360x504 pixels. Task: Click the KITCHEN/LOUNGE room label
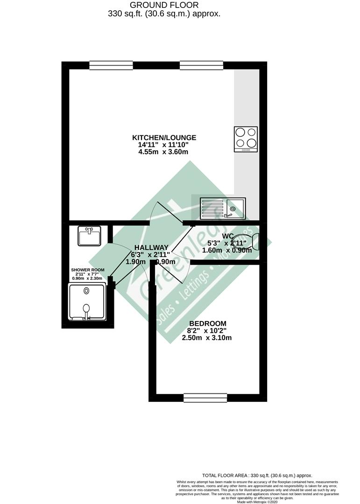pos(164,138)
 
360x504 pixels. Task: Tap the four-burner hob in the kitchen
pos(246,139)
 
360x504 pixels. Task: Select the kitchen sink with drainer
pos(223,208)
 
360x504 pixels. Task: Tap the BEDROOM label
pos(207,323)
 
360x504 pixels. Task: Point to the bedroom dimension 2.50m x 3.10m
pos(207,338)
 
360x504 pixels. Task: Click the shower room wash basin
pos(89,236)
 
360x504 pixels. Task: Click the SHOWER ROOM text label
pos(88,270)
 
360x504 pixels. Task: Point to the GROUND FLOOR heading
pos(164,5)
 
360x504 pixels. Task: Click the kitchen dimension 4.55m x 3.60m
pos(164,152)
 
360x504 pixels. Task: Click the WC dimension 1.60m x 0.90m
pos(227,250)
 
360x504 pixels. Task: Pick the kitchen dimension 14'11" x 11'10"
pos(164,145)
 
